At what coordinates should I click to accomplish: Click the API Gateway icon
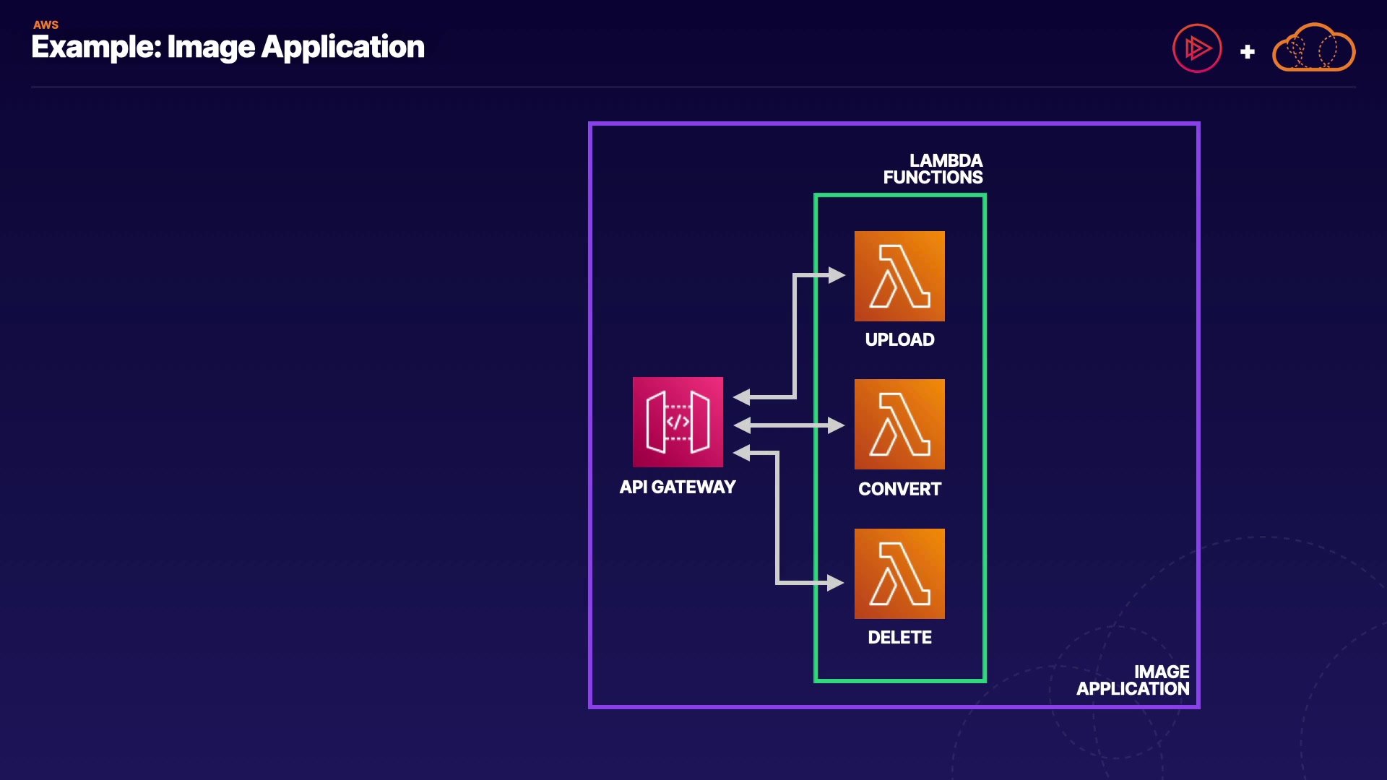click(678, 422)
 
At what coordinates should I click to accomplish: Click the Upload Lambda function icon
click(899, 276)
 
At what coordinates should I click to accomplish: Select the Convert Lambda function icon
click(899, 424)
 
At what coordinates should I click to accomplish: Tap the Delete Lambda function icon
click(899, 573)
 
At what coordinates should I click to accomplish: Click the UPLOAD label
click(899, 339)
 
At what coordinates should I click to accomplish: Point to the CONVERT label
click(899, 489)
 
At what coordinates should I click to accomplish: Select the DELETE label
click(899, 638)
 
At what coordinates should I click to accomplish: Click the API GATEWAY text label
click(678, 487)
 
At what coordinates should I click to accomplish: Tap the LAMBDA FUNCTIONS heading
click(933, 169)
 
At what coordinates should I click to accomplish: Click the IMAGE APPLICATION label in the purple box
click(1133, 680)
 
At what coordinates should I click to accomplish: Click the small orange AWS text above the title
click(46, 25)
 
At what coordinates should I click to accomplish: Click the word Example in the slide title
click(95, 48)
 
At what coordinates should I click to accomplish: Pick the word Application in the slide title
click(342, 48)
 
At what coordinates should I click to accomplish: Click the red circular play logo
click(1197, 48)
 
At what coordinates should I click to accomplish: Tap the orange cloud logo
click(1313, 48)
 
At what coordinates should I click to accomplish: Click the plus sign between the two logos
click(1248, 52)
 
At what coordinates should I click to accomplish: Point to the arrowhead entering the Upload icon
click(837, 275)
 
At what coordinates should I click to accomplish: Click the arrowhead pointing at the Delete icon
click(836, 583)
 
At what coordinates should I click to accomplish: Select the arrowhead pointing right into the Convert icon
click(836, 425)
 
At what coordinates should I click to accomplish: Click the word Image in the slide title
click(211, 48)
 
